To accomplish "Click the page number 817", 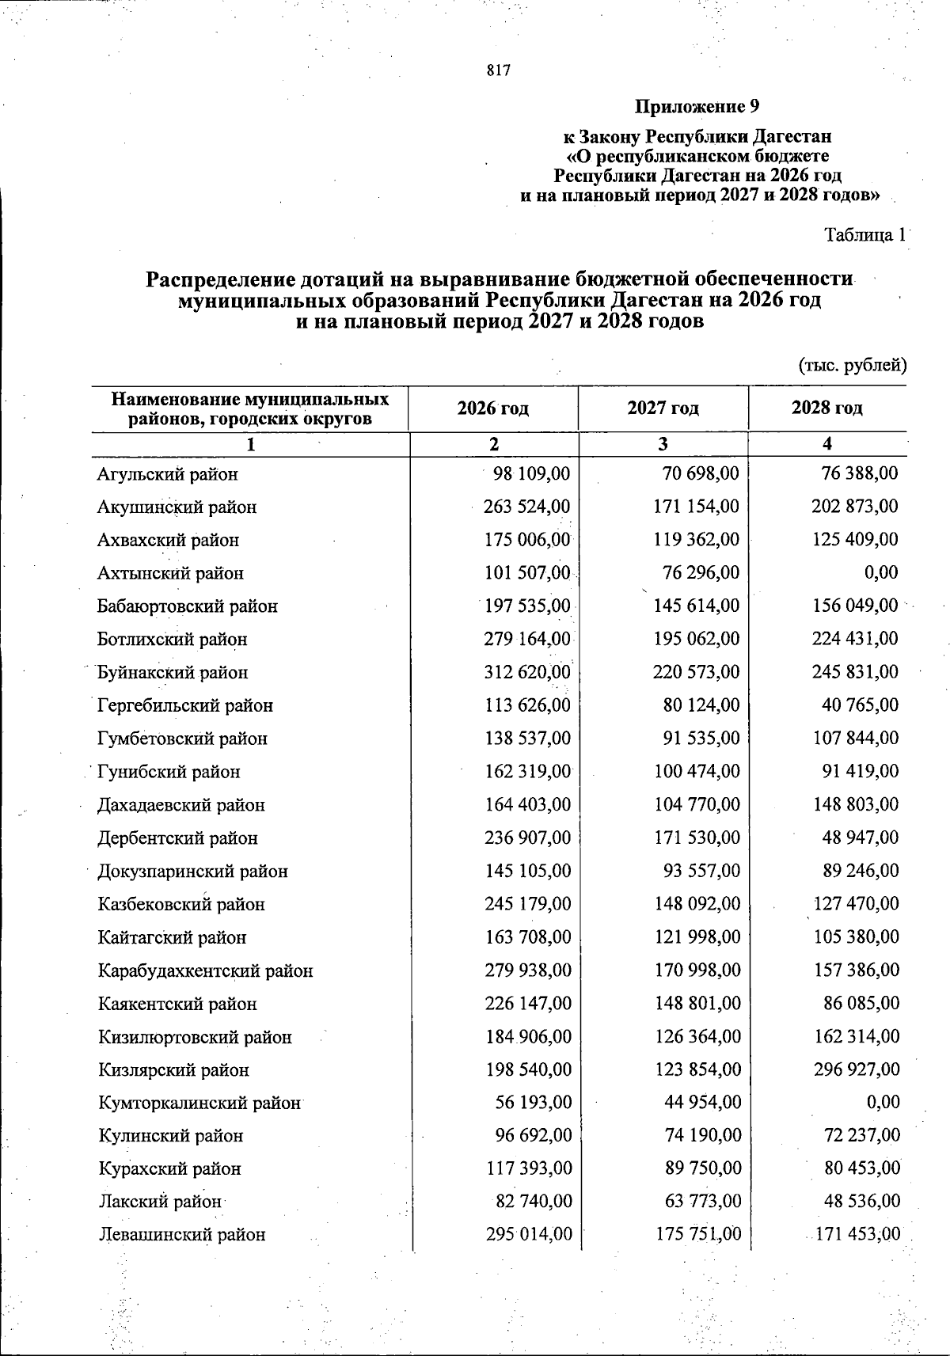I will [x=499, y=70].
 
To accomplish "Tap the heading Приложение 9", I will [x=698, y=106].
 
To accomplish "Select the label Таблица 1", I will [x=864, y=235].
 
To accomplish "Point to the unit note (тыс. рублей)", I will [x=851, y=365].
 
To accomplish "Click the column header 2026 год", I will [x=493, y=408].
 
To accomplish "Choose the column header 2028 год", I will [x=826, y=408].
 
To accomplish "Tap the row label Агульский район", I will [x=167, y=474].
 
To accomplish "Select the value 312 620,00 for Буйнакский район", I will [x=527, y=672].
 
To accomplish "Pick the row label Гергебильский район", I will [x=185, y=705].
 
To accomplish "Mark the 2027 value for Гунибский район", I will [x=697, y=771].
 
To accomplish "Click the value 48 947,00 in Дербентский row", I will [x=861, y=838].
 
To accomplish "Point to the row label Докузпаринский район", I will [x=192, y=872].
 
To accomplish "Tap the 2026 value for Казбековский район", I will [x=527, y=904].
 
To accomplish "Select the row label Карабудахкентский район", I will [x=205, y=970].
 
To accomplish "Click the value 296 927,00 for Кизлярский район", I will [x=856, y=1069].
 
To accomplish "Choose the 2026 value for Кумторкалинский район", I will [x=533, y=1103].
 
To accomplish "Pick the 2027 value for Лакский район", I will [x=702, y=1202].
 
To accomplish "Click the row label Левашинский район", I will [x=181, y=1235].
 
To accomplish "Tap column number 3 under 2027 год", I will [x=663, y=444].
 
